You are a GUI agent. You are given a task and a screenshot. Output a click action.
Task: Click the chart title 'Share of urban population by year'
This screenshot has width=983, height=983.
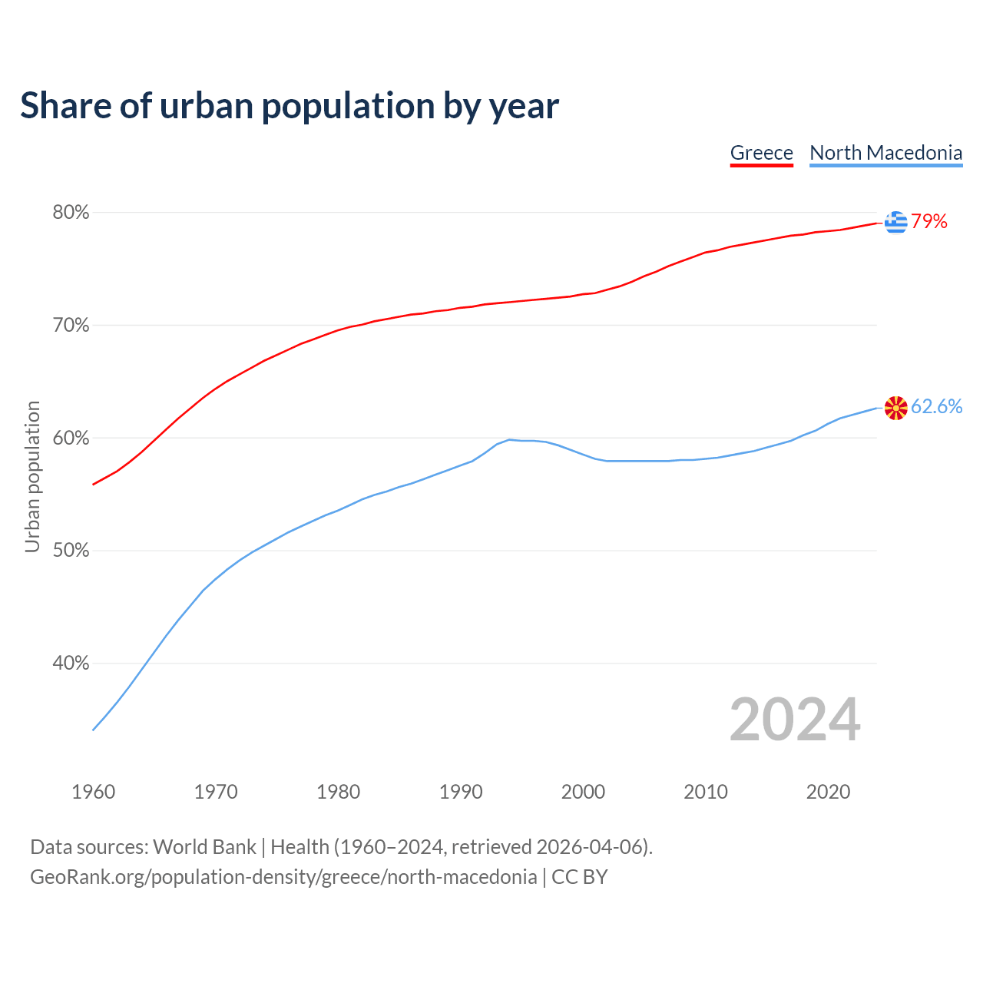click(x=290, y=106)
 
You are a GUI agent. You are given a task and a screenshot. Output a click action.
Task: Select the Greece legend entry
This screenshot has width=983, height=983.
click(x=761, y=153)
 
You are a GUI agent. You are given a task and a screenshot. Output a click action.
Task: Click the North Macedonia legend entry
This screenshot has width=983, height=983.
click(x=885, y=153)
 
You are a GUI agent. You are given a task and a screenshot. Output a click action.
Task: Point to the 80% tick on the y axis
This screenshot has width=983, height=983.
click(x=71, y=213)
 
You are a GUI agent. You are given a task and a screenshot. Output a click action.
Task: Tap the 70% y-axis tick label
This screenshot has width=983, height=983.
click(x=71, y=326)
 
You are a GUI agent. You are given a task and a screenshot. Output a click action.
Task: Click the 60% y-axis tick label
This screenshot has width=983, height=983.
click(x=71, y=439)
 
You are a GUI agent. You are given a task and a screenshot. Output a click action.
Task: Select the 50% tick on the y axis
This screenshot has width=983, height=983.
click(x=71, y=551)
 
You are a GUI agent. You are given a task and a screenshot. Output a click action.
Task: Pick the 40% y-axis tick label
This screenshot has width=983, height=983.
click(x=71, y=664)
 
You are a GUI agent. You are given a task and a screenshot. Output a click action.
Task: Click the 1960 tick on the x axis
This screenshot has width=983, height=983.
click(x=94, y=792)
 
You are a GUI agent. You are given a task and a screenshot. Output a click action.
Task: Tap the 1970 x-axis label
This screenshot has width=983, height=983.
click(x=216, y=792)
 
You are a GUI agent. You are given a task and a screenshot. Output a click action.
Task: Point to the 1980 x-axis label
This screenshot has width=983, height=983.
click(x=339, y=792)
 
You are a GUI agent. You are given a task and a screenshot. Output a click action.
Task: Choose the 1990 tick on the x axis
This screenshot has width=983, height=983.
click(x=461, y=792)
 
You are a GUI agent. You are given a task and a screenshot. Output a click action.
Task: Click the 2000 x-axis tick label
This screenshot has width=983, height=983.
click(x=584, y=792)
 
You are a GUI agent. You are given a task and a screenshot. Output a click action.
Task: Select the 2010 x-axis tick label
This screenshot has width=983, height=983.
click(x=706, y=792)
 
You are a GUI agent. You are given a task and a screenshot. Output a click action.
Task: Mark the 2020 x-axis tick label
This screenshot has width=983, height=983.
click(x=828, y=792)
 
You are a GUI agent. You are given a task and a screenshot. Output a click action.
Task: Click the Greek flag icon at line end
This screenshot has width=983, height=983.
click(x=895, y=222)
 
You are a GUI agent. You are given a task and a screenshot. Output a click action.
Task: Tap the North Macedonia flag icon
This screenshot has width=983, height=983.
click(x=895, y=408)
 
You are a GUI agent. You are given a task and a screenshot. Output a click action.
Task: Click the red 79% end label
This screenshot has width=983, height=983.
click(x=929, y=222)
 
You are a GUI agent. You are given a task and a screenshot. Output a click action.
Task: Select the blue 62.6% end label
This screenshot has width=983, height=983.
click(x=937, y=407)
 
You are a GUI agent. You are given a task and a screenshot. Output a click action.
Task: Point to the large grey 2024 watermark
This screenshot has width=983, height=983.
click(x=795, y=720)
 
